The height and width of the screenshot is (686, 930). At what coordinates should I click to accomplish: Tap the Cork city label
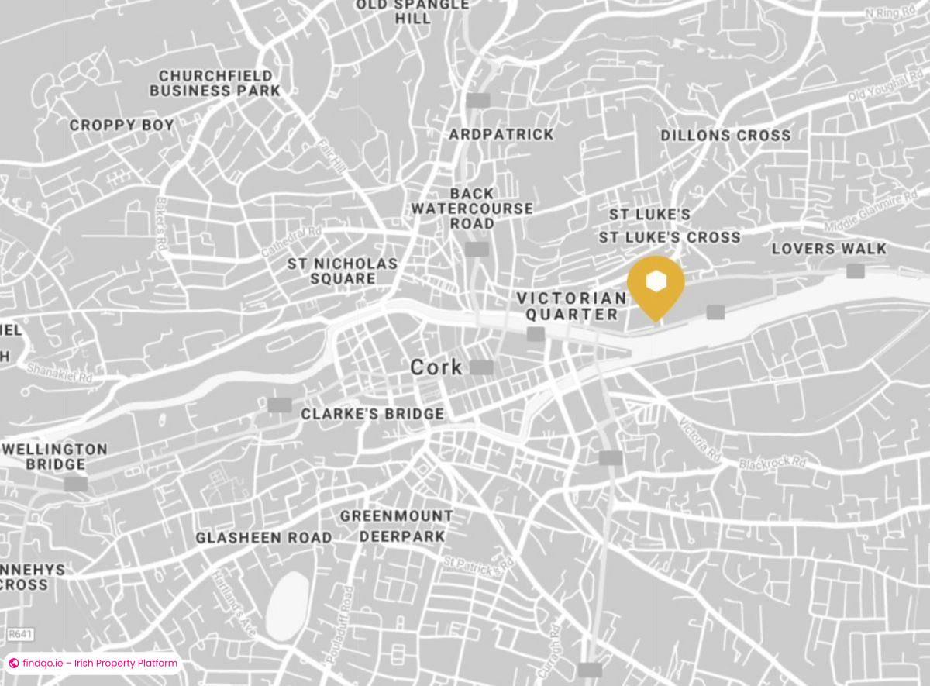pyautogui.click(x=436, y=367)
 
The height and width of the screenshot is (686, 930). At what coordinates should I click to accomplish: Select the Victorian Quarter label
pyautogui.click(x=572, y=306)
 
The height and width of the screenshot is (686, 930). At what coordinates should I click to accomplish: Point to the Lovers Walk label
pyautogui.click(x=828, y=249)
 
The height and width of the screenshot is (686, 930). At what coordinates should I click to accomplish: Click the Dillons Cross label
pyautogui.click(x=725, y=136)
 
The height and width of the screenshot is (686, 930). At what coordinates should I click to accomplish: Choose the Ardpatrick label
pyautogui.click(x=501, y=135)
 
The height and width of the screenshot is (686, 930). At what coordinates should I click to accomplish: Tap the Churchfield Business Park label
pyautogui.click(x=215, y=83)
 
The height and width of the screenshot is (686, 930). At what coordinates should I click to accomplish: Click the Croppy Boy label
pyautogui.click(x=122, y=125)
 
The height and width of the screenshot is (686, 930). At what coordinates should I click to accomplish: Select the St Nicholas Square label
pyautogui.click(x=342, y=271)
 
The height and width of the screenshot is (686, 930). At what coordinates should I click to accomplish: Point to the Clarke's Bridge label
pyautogui.click(x=372, y=414)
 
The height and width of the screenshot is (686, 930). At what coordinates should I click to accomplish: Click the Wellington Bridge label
pyautogui.click(x=55, y=457)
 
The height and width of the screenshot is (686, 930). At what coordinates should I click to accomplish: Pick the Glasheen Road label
pyautogui.click(x=263, y=537)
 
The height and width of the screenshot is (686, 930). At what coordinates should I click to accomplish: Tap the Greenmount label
pyautogui.click(x=397, y=515)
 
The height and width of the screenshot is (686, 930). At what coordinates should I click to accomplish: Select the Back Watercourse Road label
pyautogui.click(x=472, y=209)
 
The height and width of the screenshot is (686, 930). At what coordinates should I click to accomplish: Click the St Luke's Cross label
pyautogui.click(x=670, y=237)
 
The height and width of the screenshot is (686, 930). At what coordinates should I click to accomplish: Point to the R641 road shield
pyautogui.click(x=20, y=635)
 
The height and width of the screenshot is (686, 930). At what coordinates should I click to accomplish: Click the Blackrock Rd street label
pyautogui.click(x=772, y=462)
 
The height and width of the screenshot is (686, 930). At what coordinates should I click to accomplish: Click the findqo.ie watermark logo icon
pyautogui.click(x=13, y=664)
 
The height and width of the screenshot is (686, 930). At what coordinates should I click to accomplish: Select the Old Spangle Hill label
pyautogui.click(x=412, y=12)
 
